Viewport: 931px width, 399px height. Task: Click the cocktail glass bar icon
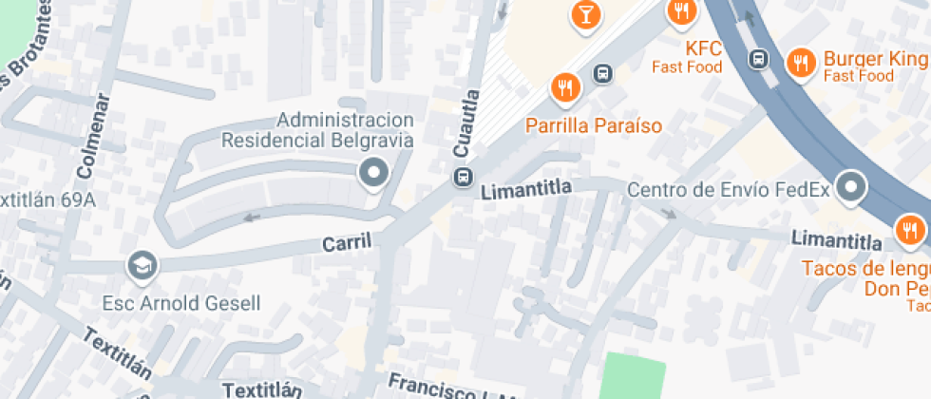585,13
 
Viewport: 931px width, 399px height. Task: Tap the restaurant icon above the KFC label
680,11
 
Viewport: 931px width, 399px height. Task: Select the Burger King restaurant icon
802,64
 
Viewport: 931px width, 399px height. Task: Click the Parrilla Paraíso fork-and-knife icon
566,88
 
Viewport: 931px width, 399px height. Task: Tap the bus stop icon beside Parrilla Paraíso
602,73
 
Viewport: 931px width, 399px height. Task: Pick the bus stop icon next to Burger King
758,59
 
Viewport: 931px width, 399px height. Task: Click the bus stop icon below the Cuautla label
464,177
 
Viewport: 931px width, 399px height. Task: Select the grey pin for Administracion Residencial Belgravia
374,174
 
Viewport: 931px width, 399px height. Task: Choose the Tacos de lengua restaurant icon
909,229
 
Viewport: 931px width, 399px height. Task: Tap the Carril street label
346,244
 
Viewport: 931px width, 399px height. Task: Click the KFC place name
704,47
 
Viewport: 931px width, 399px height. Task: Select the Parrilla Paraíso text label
595,125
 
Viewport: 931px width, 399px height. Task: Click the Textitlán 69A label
47,200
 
